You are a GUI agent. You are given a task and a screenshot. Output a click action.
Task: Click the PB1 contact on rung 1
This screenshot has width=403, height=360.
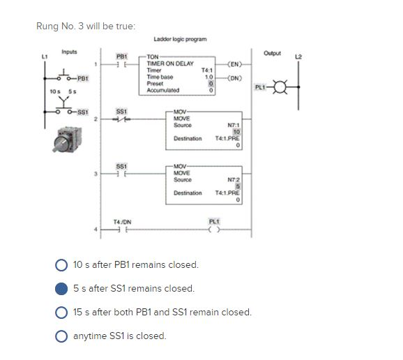coord(121,64)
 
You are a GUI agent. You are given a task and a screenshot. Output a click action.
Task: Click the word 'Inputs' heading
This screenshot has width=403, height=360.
coord(70,51)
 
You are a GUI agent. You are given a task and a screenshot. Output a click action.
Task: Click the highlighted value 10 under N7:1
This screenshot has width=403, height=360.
coord(237,132)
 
